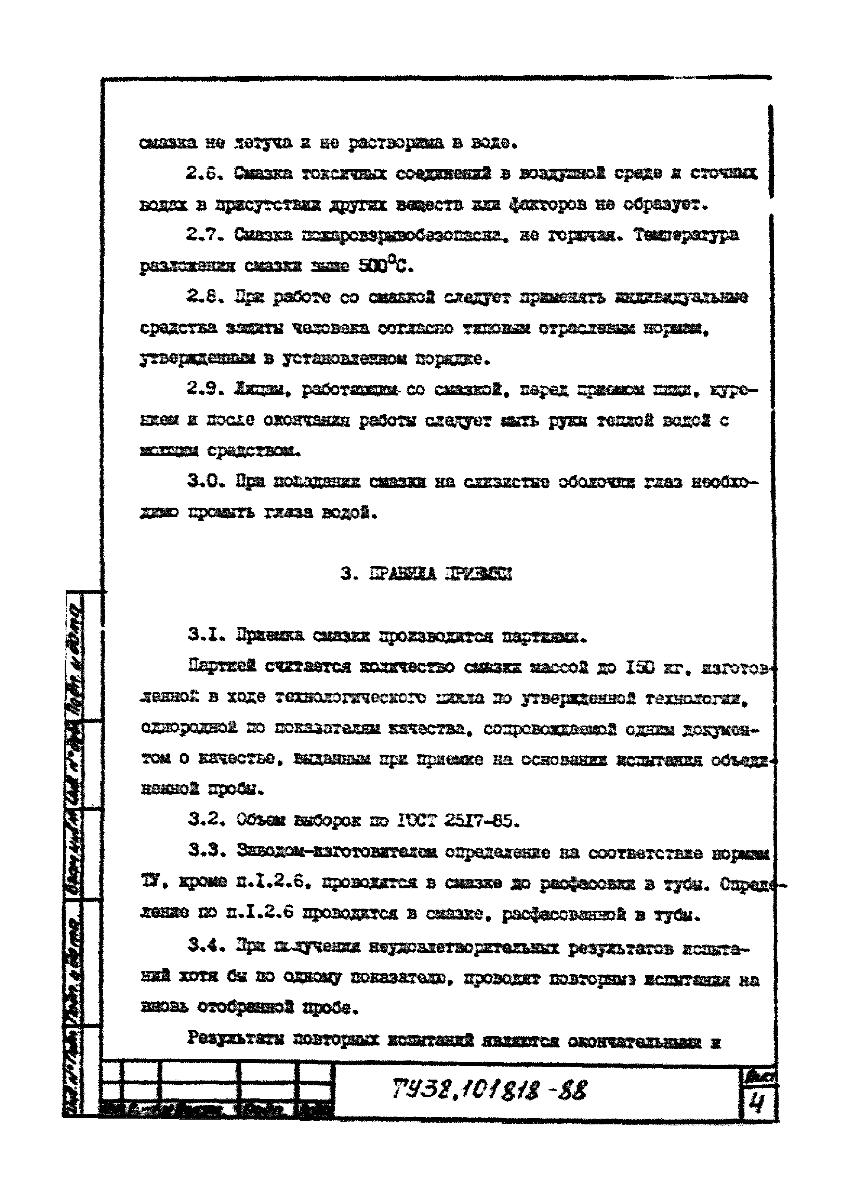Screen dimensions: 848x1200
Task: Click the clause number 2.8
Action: click(x=204, y=297)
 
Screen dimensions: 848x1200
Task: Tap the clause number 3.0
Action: click(x=204, y=481)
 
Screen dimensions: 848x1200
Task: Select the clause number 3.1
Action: click(x=204, y=636)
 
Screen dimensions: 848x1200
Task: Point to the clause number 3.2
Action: click(x=204, y=821)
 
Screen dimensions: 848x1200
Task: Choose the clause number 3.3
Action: click(x=204, y=852)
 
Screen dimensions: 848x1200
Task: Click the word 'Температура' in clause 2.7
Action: click(x=686, y=235)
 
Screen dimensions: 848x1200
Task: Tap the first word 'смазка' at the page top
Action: click(x=167, y=143)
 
